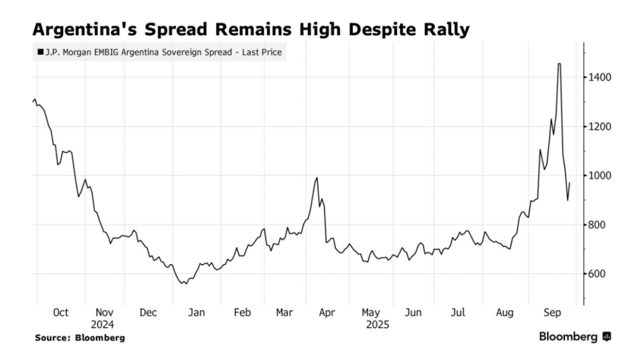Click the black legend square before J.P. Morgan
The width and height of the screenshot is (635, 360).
tap(40, 52)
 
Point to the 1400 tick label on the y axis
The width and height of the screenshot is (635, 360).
tap(599, 77)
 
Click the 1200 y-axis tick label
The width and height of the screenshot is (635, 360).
tap(599, 126)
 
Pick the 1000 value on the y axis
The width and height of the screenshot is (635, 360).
tap(599, 175)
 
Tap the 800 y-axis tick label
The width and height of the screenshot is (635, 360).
tap(597, 225)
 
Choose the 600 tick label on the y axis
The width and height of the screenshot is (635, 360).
tap(597, 274)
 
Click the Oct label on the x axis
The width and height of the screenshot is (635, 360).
tap(61, 312)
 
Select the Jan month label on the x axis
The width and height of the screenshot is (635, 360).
tap(196, 312)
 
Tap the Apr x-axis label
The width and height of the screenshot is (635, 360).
tap(327, 312)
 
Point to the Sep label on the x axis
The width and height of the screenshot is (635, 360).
tap(552, 312)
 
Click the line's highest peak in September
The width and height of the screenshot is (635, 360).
tap(559, 64)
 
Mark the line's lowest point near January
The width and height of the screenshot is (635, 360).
tap(185, 284)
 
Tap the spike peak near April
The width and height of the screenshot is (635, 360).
tap(317, 178)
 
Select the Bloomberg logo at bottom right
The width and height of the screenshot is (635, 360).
tap(576, 338)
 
